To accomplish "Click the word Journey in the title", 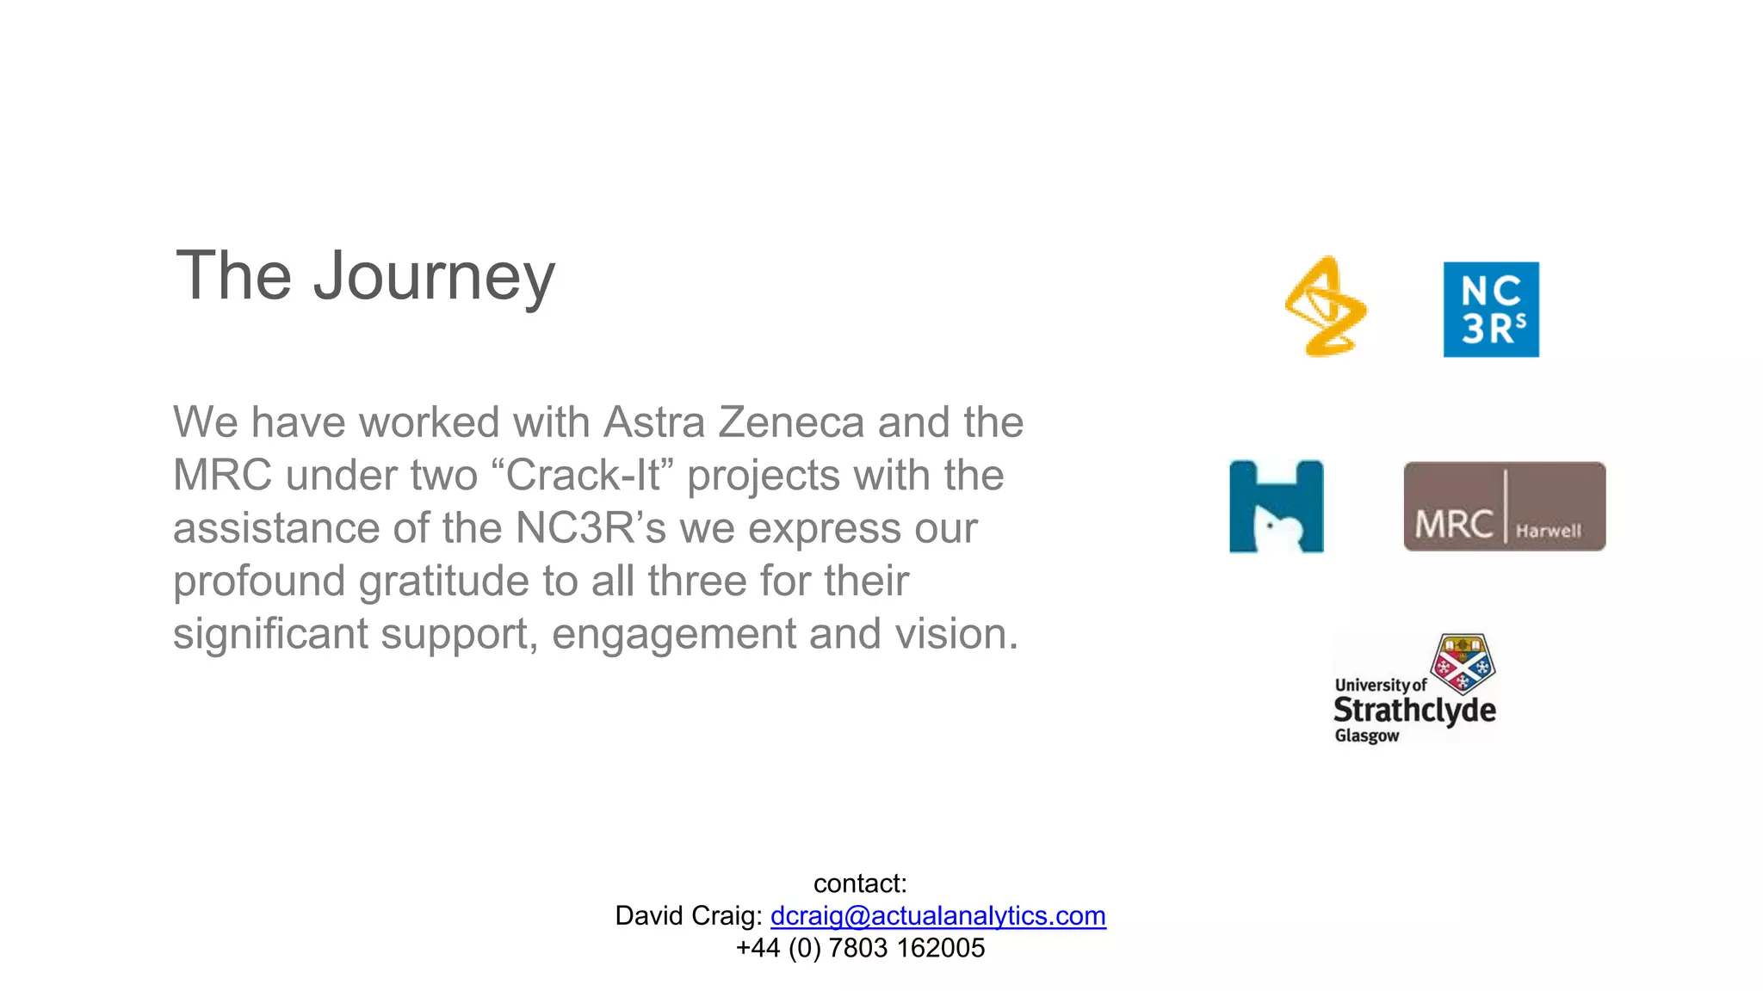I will click(434, 277).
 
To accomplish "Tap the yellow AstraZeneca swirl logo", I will click(1326, 306).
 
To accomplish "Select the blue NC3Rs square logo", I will click(1491, 310).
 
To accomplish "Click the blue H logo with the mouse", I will click(1276, 507).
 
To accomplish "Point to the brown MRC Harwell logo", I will click(1504, 507).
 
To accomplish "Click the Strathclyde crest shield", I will click(1463, 663).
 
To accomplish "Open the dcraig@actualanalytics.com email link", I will click(937, 916).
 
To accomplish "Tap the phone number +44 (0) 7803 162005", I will click(860, 948).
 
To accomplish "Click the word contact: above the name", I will click(860, 883).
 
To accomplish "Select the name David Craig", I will click(687, 916).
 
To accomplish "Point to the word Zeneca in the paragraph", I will click(790, 422).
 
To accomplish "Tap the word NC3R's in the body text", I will click(591, 528).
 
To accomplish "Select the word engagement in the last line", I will click(673, 634).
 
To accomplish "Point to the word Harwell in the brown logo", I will click(1548, 531).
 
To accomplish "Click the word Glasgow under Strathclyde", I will click(1366, 736).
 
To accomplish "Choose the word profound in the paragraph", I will click(259, 581).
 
